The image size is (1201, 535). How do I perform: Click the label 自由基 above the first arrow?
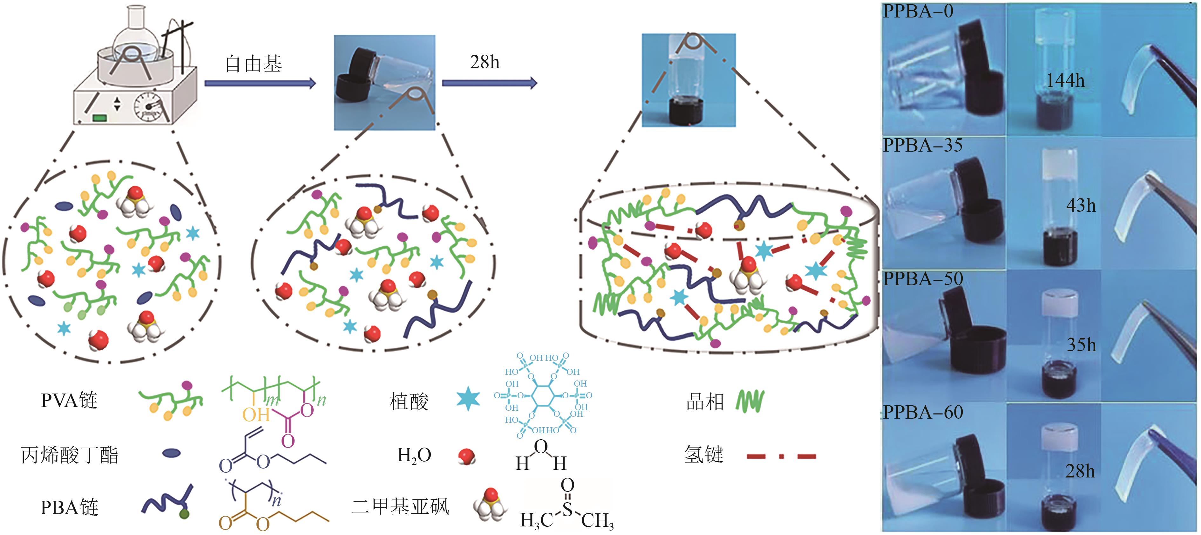[253, 64]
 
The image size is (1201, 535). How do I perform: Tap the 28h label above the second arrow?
[485, 62]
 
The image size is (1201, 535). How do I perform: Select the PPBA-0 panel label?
[918, 11]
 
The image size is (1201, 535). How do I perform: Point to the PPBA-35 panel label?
[923, 146]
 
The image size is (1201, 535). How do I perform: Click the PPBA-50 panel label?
[923, 279]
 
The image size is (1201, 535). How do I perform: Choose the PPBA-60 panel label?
[923, 412]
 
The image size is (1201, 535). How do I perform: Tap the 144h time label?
[1065, 81]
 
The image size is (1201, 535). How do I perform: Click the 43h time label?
[1081, 205]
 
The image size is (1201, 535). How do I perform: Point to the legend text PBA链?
[69, 507]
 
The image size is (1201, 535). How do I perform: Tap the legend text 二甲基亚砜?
[400, 506]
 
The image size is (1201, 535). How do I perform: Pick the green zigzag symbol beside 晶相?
[750, 401]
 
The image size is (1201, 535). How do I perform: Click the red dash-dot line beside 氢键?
[781, 456]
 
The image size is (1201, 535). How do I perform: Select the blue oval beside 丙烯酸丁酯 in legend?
[172, 452]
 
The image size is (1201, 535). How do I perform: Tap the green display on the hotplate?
[100, 118]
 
